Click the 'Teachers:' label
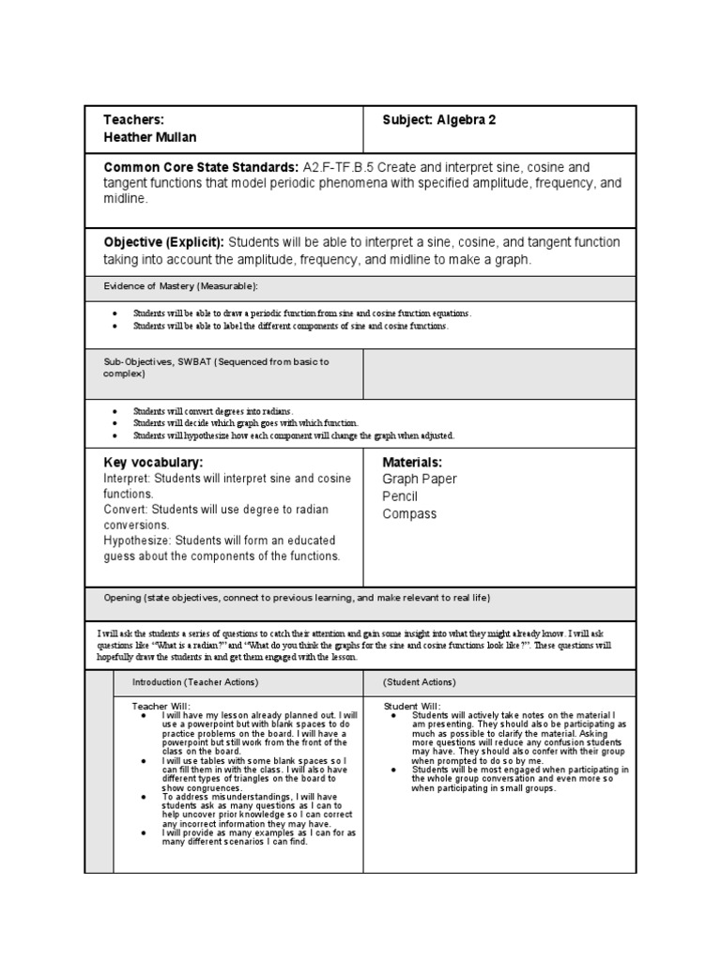[x=134, y=120]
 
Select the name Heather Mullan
[x=150, y=138]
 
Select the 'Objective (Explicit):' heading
[x=164, y=242]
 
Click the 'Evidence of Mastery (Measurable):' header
[x=180, y=285]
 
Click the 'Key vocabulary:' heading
[x=153, y=462]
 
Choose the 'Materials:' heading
[x=412, y=462]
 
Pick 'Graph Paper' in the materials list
[x=420, y=480]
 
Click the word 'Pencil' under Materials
[x=400, y=496]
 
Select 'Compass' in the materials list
[x=409, y=514]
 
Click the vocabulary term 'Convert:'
[x=126, y=510]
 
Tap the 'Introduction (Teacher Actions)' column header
[x=194, y=681]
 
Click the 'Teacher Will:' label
[x=161, y=706]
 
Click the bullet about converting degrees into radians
[x=213, y=411]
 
